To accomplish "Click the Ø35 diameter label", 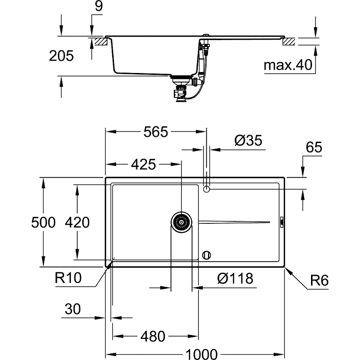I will click(x=248, y=141).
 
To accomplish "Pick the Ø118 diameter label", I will click(x=235, y=279).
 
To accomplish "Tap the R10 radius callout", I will click(x=68, y=279).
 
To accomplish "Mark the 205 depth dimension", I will click(x=61, y=56).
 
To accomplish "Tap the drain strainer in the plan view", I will click(x=182, y=222).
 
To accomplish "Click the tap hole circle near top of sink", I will click(x=207, y=189).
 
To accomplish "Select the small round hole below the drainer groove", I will click(x=207, y=255).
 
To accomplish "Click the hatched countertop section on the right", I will click(x=289, y=41).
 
